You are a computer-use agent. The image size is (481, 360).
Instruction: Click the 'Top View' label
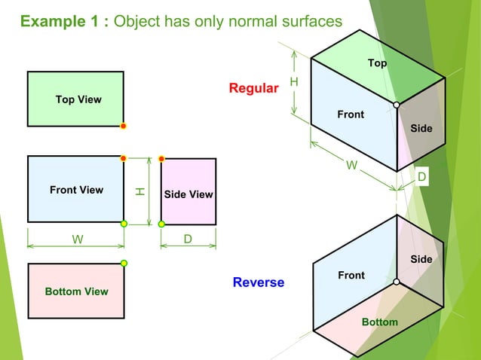[x=78, y=99]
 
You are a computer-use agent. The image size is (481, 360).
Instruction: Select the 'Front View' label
[x=76, y=190]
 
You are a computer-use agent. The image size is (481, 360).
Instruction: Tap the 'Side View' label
[x=188, y=194]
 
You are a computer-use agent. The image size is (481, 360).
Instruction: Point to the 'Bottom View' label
[x=76, y=291]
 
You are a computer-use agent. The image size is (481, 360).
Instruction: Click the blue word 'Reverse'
[x=259, y=282]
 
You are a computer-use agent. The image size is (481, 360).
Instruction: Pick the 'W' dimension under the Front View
[x=77, y=239]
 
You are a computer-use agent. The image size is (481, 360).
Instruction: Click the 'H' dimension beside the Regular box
[x=294, y=81]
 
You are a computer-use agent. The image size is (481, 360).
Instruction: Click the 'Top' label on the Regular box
[x=377, y=63]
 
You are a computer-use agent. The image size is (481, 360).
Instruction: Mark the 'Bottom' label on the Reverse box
[x=379, y=322]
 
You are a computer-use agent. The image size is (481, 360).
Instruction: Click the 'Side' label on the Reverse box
[x=421, y=259]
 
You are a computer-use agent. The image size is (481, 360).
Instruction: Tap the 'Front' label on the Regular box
[x=351, y=114]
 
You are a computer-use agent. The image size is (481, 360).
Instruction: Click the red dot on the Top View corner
[x=124, y=126]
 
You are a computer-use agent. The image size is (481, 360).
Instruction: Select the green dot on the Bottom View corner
[x=124, y=263]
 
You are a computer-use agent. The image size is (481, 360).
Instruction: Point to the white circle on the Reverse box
[x=397, y=282]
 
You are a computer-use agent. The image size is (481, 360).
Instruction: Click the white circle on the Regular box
[x=397, y=105]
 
